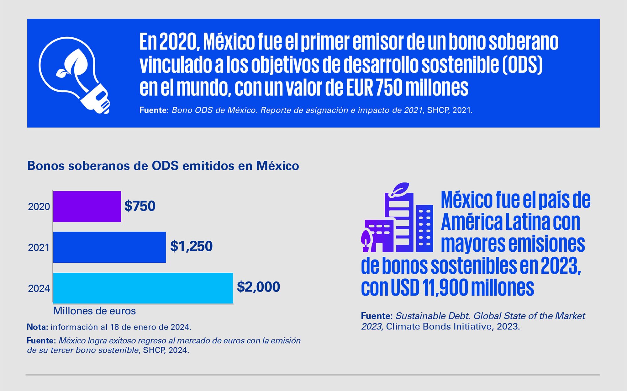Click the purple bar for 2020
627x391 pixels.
(87, 206)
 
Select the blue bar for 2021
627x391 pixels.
(109, 247)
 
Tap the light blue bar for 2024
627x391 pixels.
(143, 288)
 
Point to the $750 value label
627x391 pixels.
(140, 206)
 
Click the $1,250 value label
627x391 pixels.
(191, 246)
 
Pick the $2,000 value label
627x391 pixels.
(258, 287)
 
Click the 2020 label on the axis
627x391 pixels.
(39, 207)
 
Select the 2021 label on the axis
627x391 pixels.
(39, 248)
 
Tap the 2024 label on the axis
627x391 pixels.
(39, 288)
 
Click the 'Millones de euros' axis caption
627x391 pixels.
(94, 311)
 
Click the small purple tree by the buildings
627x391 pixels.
(366, 240)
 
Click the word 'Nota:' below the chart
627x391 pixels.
(37, 327)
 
